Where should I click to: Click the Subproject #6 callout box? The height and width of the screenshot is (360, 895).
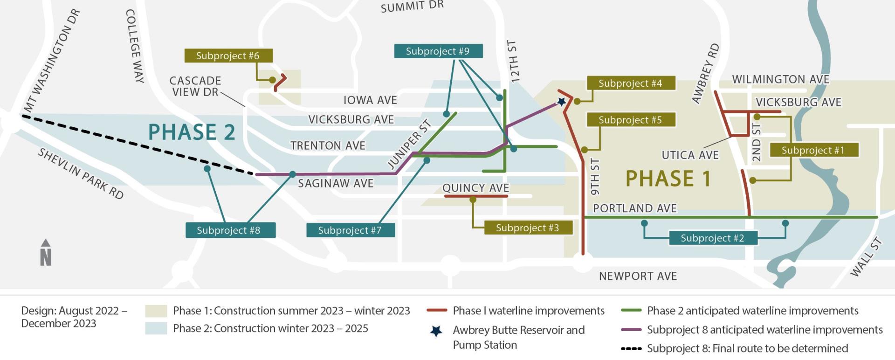click(x=228, y=56)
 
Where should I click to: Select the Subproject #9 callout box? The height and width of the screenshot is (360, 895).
click(x=438, y=51)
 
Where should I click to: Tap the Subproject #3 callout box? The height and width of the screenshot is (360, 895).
click(x=527, y=228)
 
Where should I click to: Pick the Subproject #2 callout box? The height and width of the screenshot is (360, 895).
click(x=712, y=238)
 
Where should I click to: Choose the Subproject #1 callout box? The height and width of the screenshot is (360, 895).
click(x=813, y=150)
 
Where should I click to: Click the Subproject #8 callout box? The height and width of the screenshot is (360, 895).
click(x=228, y=230)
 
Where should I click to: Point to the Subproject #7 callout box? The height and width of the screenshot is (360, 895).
click(x=350, y=230)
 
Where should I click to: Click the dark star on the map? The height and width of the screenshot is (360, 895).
click(x=562, y=101)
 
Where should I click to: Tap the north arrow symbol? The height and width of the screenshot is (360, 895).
click(x=46, y=253)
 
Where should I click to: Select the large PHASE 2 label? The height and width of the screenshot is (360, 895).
click(x=192, y=132)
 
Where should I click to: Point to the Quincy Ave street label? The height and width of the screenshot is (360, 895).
click(x=475, y=188)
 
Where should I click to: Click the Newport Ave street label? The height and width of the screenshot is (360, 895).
click(x=638, y=276)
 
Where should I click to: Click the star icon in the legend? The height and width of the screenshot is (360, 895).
click(x=436, y=331)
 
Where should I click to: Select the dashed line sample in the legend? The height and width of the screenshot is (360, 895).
click(x=631, y=349)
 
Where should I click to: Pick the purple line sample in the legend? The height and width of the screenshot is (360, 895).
click(x=631, y=330)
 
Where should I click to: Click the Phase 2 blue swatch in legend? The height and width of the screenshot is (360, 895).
click(x=156, y=328)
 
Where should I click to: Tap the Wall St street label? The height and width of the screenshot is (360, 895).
click(x=866, y=257)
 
